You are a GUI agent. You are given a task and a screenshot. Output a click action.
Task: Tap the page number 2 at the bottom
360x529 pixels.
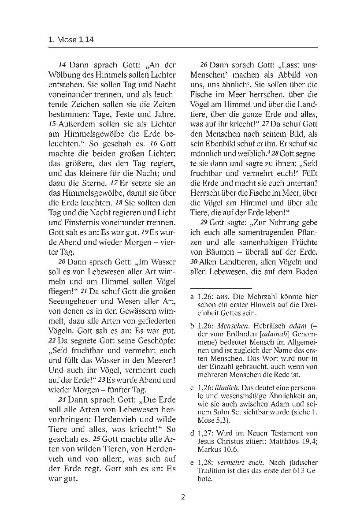tap(183, 497)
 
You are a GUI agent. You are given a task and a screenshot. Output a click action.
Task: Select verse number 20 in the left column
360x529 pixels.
tap(62, 262)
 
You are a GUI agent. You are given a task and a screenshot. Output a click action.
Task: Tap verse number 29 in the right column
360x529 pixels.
tap(204, 222)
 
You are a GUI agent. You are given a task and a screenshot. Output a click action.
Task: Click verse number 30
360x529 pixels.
tap(193, 262)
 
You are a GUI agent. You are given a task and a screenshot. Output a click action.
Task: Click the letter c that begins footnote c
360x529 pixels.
tap(192, 388)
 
